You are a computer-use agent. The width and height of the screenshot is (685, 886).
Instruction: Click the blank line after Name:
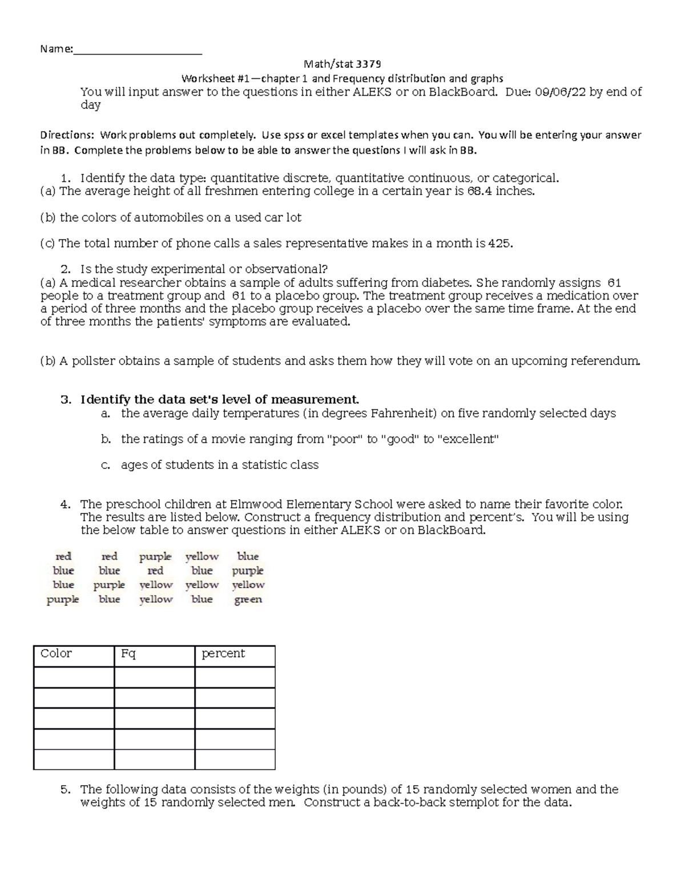(x=138, y=50)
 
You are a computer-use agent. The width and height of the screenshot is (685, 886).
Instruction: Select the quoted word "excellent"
(x=468, y=439)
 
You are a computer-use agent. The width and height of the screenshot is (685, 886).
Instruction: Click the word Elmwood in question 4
(x=256, y=504)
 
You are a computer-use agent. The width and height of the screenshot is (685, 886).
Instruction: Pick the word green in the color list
(x=248, y=600)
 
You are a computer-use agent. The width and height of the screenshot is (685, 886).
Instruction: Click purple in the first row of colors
(x=155, y=556)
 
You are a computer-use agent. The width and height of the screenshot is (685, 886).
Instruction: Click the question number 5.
(x=65, y=790)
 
